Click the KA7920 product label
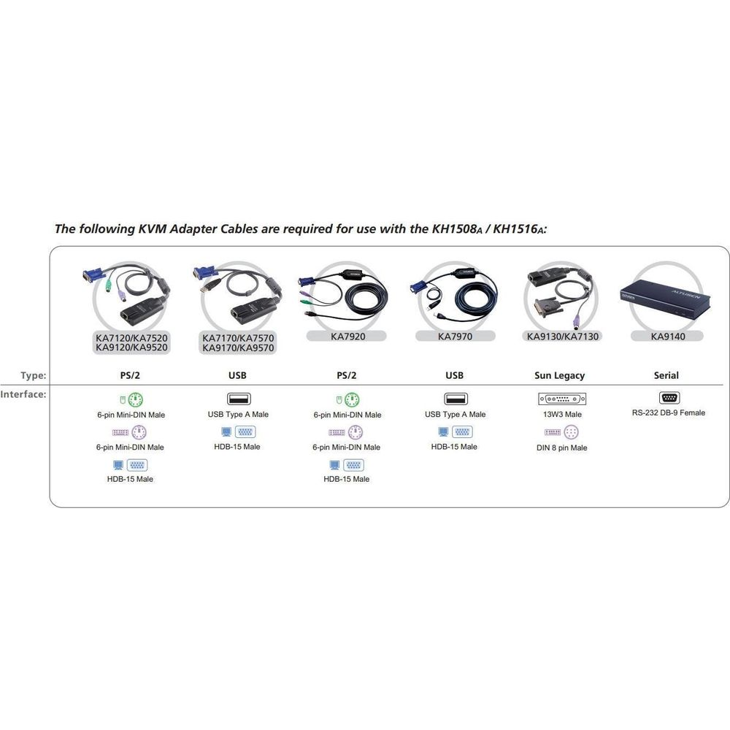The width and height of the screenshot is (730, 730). point(347,336)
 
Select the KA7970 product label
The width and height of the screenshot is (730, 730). point(455,336)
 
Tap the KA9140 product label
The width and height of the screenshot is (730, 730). point(668,336)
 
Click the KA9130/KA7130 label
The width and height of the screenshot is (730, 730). point(562,336)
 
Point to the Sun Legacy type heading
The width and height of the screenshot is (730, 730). point(559,375)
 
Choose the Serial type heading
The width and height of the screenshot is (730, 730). point(666,375)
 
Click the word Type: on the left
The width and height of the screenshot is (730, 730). point(33,375)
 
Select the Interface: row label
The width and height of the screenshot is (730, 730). point(23,394)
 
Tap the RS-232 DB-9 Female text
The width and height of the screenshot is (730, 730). point(668,412)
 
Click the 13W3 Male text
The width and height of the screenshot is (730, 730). point(562,415)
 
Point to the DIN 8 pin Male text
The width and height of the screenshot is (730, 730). point(561,448)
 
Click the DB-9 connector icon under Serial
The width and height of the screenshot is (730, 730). point(669,398)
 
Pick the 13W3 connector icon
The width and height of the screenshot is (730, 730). point(562,399)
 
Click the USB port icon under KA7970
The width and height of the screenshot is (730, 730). point(456,399)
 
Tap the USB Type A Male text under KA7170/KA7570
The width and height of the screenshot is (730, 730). point(238,415)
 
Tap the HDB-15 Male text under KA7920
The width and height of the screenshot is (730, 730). point(346,479)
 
